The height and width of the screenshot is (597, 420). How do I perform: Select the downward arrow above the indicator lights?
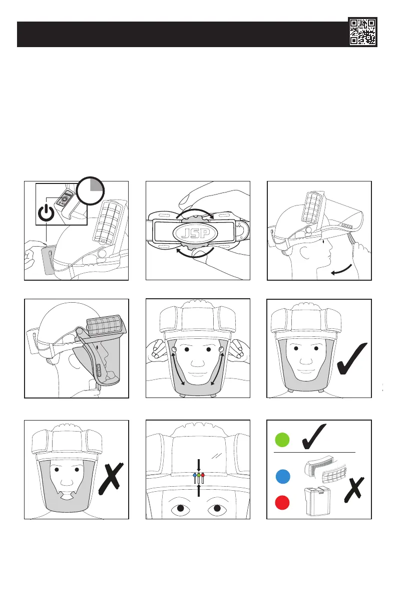point(199,464)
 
